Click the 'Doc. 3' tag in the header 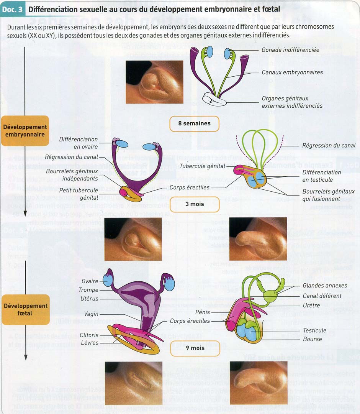(x=12, y=9)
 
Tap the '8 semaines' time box (x=194, y=123)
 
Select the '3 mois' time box (x=195, y=204)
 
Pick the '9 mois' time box (x=195, y=348)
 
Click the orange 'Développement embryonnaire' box (x=25, y=131)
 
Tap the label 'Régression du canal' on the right (x=329, y=145)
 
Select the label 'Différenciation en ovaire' (x=78, y=143)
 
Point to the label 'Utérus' (x=88, y=299)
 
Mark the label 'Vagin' (x=91, y=314)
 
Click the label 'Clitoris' (x=89, y=335)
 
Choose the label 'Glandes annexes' (x=325, y=285)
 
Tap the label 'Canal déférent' (x=322, y=296)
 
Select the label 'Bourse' (x=312, y=339)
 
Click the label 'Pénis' (x=202, y=312)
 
